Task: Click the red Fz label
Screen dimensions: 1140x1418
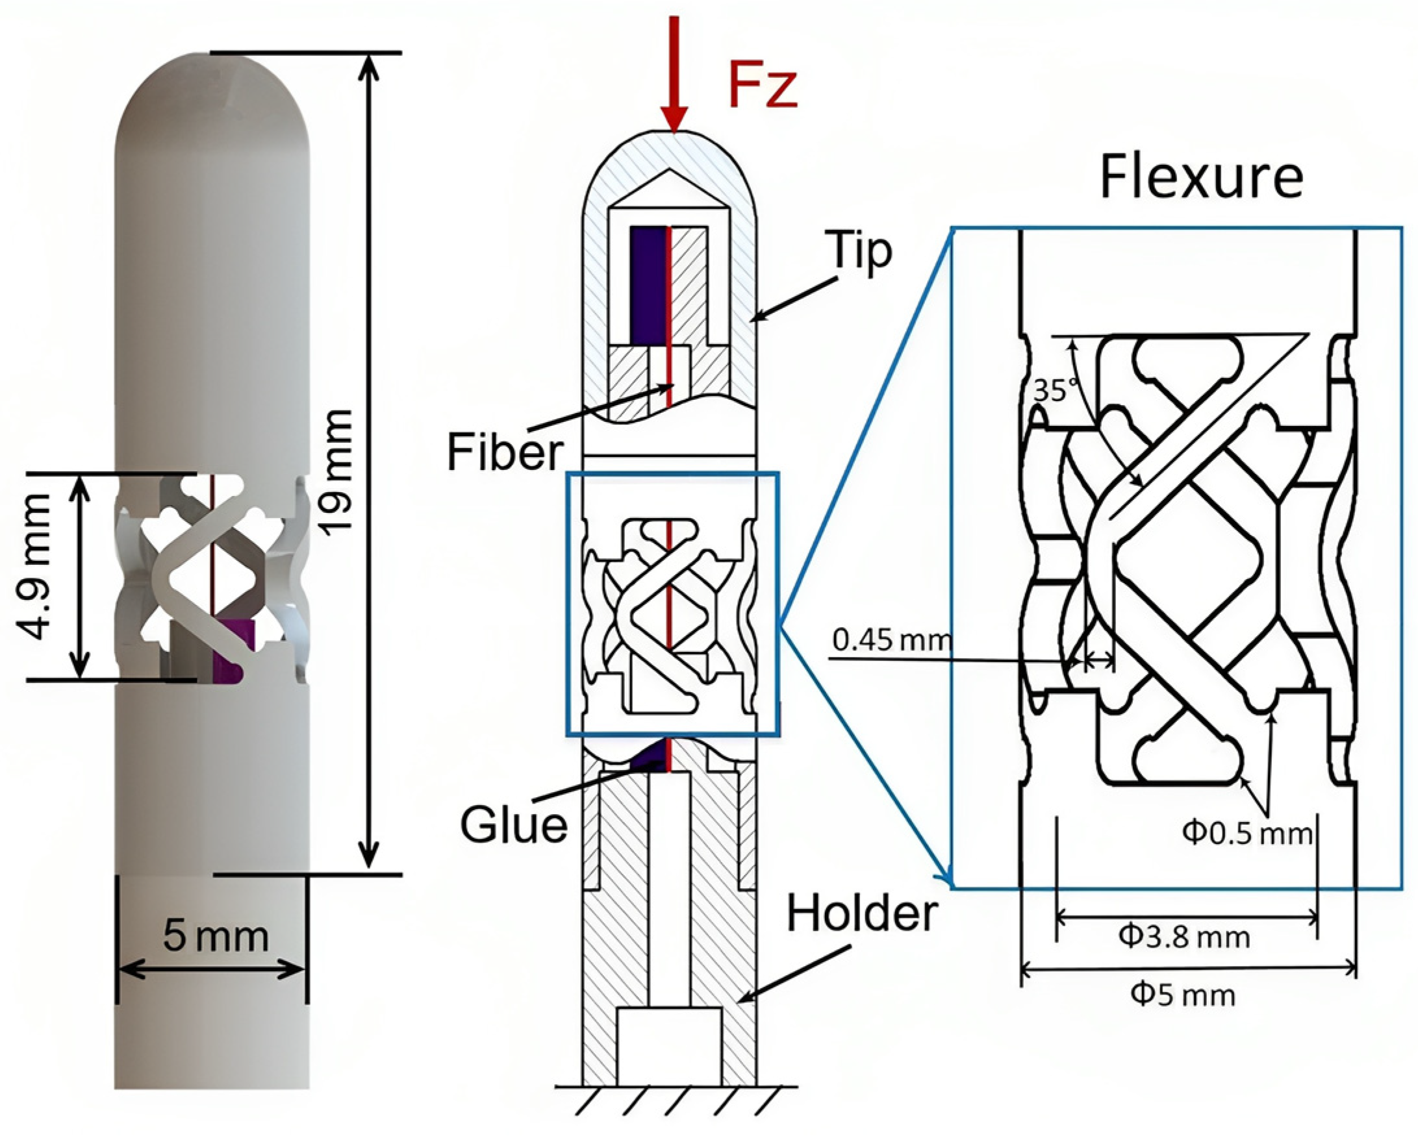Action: point(763,88)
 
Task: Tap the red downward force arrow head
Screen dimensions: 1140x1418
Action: point(674,122)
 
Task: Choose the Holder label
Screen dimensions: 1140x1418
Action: point(861,913)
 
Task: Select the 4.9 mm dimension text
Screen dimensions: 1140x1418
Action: point(34,566)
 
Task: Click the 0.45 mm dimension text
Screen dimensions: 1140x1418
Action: point(891,639)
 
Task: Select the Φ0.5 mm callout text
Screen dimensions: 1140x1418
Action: point(1247,833)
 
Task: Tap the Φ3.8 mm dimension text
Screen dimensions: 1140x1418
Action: point(1184,936)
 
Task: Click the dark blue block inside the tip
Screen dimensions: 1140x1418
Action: point(648,286)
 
